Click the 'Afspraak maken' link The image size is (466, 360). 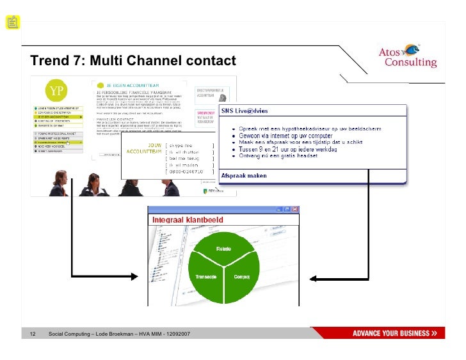(244, 176)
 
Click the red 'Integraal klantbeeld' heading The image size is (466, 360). (185, 221)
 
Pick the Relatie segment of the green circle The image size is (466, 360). (223, 248)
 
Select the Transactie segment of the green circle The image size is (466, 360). (206, 277)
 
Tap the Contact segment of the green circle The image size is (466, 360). (241, 277)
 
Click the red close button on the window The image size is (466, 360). (294, 209)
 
